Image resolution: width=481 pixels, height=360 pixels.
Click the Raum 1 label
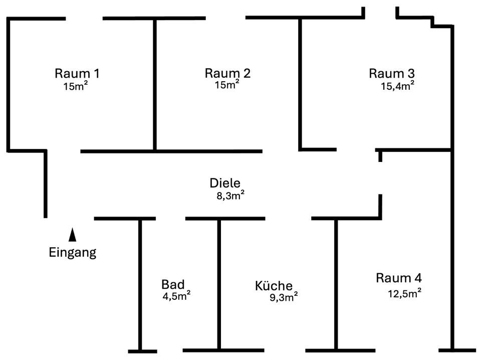pos(77,73)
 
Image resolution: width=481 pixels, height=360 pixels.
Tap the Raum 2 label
pos(227,73)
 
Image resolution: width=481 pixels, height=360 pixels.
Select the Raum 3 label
pos(392,73)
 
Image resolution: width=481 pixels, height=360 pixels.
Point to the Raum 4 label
pos(399,278)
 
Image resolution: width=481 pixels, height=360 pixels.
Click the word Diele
pos(225,183)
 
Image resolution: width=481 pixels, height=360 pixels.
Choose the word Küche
pos(274,286)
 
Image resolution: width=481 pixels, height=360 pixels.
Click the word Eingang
pos(73,252)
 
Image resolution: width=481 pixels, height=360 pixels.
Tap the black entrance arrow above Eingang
pos(73,234)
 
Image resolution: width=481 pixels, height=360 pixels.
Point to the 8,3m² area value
pos(230,196)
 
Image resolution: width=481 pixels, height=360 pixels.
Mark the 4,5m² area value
pos(176,295)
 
